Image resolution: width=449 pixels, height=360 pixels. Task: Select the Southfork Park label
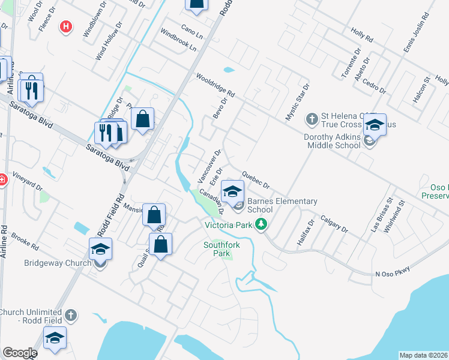[x=217, y=249]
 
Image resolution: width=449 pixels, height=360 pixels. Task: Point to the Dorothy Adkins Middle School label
[x=333, y=140]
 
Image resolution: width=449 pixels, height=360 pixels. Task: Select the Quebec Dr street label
[x=256, y=179]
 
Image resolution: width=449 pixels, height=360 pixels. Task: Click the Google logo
[x=20, y=353]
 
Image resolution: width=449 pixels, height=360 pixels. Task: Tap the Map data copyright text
[x=424, y=355]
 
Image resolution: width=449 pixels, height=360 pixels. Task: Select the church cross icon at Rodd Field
[x=71, y=315]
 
